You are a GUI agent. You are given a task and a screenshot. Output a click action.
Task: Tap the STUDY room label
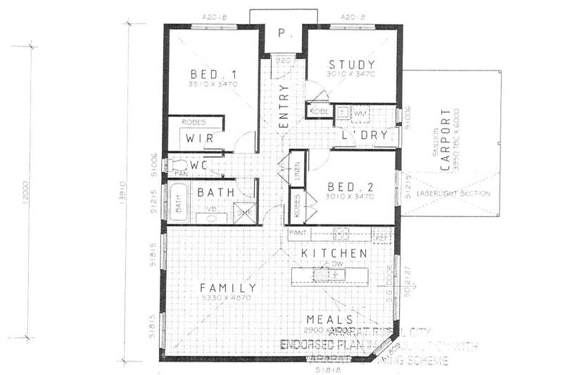(351, 65)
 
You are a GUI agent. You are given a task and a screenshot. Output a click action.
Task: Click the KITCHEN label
(334, 253)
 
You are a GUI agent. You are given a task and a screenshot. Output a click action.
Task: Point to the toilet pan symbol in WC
(175, 165)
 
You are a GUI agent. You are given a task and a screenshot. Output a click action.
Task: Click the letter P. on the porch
(282, 32)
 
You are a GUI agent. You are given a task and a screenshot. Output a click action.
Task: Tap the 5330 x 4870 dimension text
(226, 298)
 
